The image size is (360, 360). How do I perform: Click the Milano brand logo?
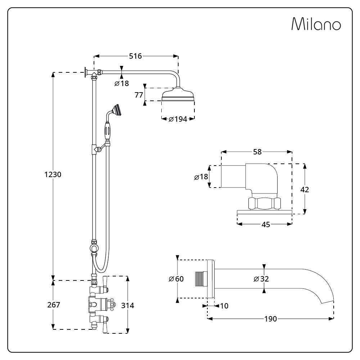316,24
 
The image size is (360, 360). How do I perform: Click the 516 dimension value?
135,56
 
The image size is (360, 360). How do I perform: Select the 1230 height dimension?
53,174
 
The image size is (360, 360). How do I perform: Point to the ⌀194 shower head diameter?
178,119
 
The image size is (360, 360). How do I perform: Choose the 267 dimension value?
54,305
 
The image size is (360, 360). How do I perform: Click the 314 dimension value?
127,305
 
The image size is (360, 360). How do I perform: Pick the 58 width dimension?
257,152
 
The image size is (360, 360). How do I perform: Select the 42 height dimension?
305,189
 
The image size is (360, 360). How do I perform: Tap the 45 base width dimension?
265,224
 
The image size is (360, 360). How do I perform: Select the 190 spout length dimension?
270,319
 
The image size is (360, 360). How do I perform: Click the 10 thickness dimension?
224,306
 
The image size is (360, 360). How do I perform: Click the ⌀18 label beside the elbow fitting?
201,177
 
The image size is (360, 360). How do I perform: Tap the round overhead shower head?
178,95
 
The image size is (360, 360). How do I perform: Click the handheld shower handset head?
116,109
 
